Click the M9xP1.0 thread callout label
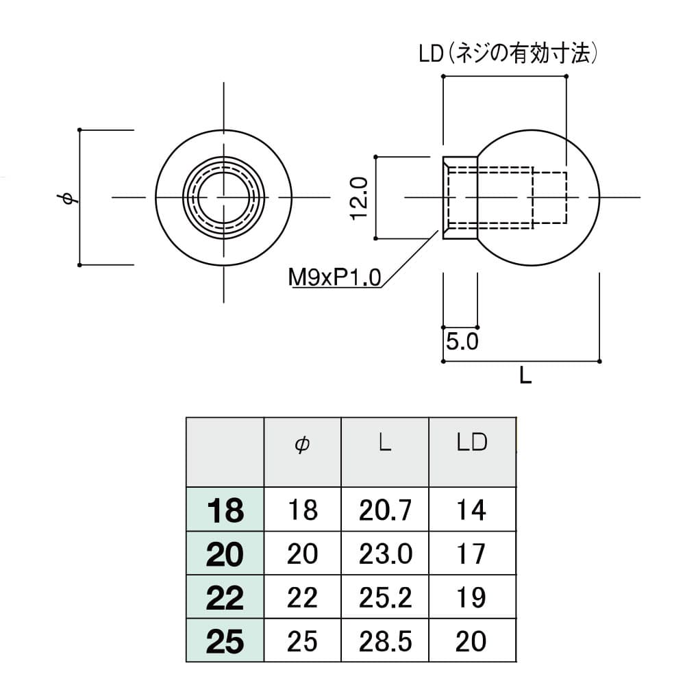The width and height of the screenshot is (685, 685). (x=334, y=278)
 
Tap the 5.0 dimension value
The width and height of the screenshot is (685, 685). (x=461, y=342)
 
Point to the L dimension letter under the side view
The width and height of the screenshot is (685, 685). (x=525, y=375)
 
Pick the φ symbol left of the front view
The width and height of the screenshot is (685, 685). (x=67, y=199)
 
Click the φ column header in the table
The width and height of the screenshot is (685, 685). (x=302, y=444)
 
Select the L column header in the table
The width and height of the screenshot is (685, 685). (x=384, y=443)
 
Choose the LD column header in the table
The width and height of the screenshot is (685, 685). (x=471, y=443)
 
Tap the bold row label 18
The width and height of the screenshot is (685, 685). (x=225, y=511)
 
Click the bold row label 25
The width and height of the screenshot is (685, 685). (x=225, y=642)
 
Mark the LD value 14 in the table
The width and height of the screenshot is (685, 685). (x=471, y=510)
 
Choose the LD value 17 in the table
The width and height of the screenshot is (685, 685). (x=471, y=554)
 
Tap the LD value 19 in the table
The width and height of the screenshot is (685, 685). (x=471, y=598)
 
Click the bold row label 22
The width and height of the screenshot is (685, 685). (x=225, y=599)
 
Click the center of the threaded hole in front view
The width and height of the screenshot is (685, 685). (x=224, y=197)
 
